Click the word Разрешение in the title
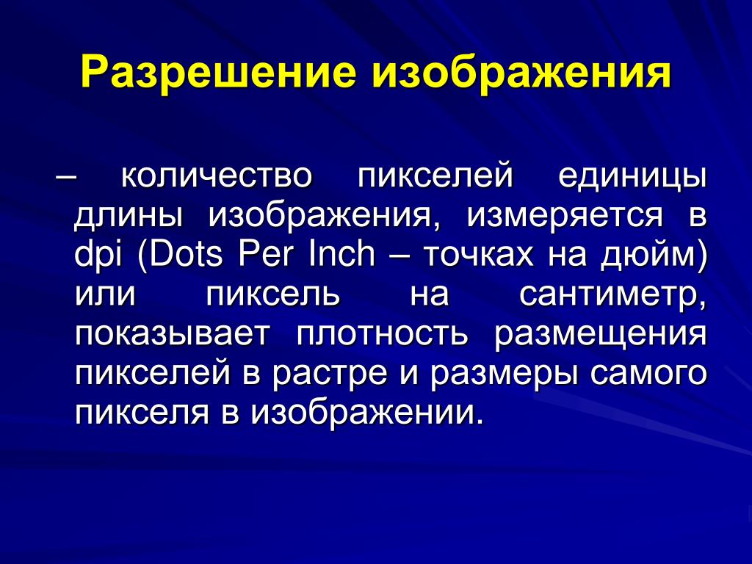click(x=218, y=73)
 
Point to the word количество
click(x=217, y=176)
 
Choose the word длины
click(x=129, y=217)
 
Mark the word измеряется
click(x=565, y=217)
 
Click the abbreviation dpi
click(x=98, y=255)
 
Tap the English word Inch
click(x=341, y=254)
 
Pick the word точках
click(x=478, y=255)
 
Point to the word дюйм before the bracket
click(x=647, y=255)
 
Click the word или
click(x=106, y=294)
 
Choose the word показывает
click(x=171, y=334)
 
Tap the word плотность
click(x=382, y=334)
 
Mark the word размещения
click(x=601, y=335)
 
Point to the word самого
click(x=648, y=374)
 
